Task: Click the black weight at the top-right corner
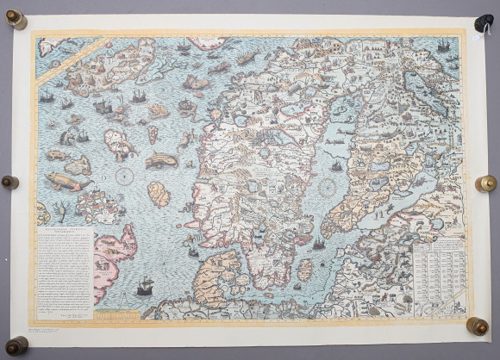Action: click(x=484, y=23)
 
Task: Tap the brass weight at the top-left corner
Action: click(x=15, y=18)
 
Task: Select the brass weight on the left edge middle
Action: click(x=9, y=183)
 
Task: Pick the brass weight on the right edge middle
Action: click(x=486, y=183)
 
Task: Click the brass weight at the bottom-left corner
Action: click(x=16, y=345)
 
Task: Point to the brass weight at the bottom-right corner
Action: click(x=477, y=326)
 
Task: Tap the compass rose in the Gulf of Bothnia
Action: click(x=328, y=185)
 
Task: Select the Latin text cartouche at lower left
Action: click(x=64, y=272)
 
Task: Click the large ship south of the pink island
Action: click(x=145, y=284)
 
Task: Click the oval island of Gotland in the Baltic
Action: click(x=304, y=270)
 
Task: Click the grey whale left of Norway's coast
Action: click(x=161, y=160)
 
